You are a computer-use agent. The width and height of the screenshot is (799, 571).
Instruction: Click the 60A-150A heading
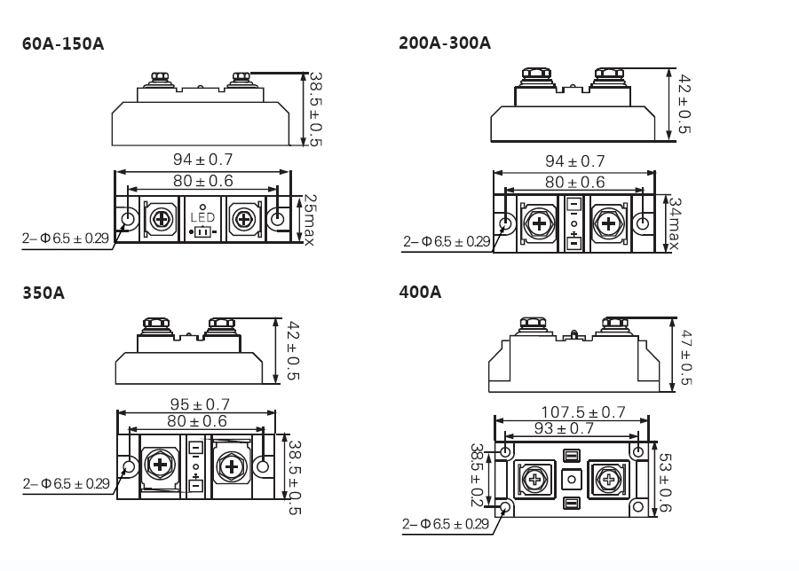pyautogui.click(x=63, y=43)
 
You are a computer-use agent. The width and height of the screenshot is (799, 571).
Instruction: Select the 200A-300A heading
pyautogui.click(x=445, y=43)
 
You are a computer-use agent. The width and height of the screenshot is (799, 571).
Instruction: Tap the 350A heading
pyautogui.click(x=44, y=293)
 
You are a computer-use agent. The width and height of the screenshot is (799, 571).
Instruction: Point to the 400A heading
pyautogui.click(x=421, y=292)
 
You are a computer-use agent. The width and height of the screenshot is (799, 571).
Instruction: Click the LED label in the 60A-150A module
pyautogui.click(x=202, y=218)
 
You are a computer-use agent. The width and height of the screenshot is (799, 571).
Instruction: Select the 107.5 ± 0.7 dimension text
pyautogui.click(x=583, y=411)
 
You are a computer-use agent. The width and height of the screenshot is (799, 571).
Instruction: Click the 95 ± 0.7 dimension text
pyautogui.click(x=200, y=404)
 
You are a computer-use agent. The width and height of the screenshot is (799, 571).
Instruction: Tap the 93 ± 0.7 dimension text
pyautogui.click(x=564, y=428)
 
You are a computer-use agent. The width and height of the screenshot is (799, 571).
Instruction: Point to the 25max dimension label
pyautogui.click(x=309, y=219)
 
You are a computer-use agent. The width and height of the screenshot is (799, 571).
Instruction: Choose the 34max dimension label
pyautogui.click(x=674, y=224)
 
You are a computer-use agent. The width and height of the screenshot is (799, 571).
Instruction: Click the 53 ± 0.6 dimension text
pyautogui.click(x=665, y=482)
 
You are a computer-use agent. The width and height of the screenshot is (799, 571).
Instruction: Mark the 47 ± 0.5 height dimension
pyautogui.click(x=686, y=357)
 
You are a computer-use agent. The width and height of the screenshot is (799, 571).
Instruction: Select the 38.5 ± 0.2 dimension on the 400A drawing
pyautogui.click(x=477, y=475)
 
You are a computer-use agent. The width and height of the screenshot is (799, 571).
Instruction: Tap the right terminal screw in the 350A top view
pyautogui.click(x=232, y=466)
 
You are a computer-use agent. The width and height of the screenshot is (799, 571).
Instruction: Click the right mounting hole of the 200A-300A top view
pyautogui.click(x=643, y=223)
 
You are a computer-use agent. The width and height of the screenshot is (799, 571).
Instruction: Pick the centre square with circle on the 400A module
pyautogui.click(x=571, y=479)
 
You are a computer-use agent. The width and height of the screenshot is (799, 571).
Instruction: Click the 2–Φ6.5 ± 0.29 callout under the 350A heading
pyautogui.click(x=67, y=483)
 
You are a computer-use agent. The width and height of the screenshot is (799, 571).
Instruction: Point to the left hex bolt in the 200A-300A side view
pyautogui.click(x=536, y=74)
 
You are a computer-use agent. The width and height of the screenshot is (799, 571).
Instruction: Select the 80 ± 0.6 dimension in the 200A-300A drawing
pyautogui.click(x=574, y=182)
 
